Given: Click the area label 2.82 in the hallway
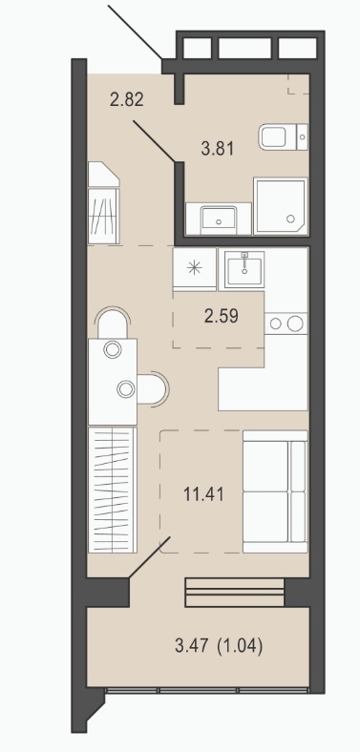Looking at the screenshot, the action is pyautogui.click(x=127, y=100).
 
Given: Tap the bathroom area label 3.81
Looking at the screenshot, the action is pyautogui.click(x=218, y=149).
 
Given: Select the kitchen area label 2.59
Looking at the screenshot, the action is pyautogui.click(x=222, y=317).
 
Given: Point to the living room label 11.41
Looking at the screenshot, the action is pyautogui.click(x=204, y=493).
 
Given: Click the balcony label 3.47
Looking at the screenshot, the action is pyautogui.click(x=192, y=646).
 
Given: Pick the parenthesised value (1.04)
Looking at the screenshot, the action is pyautogui.click(x=240, y=646).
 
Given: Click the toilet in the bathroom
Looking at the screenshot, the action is pyautogui.click(x=284, y=136).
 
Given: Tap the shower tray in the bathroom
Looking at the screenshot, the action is pyautogui.click(x=281, y=206).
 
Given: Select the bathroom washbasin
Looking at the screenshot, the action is pyautogui.click(x=219, y=220).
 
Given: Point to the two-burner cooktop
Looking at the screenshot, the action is pyautogui.click(x=286, y=324).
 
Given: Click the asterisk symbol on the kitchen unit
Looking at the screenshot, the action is pyautogui.click(x=195, y=268).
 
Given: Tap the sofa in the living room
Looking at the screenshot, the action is pyautogui.click(x=275, y=491).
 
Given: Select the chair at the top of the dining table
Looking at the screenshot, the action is pyautogui.click(x=113, y=323).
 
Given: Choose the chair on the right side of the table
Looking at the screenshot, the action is pyautogui.click(x=153, y=388).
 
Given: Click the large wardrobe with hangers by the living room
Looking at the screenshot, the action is pyautogui.click(x=113, y=490).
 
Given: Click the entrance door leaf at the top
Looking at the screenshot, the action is pyautogui.click(x=135, y=31).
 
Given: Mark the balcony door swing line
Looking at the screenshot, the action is pyautogui.click(x=149, y=557).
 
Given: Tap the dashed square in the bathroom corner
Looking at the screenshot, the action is pyautogui.click(x=299, y=84).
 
